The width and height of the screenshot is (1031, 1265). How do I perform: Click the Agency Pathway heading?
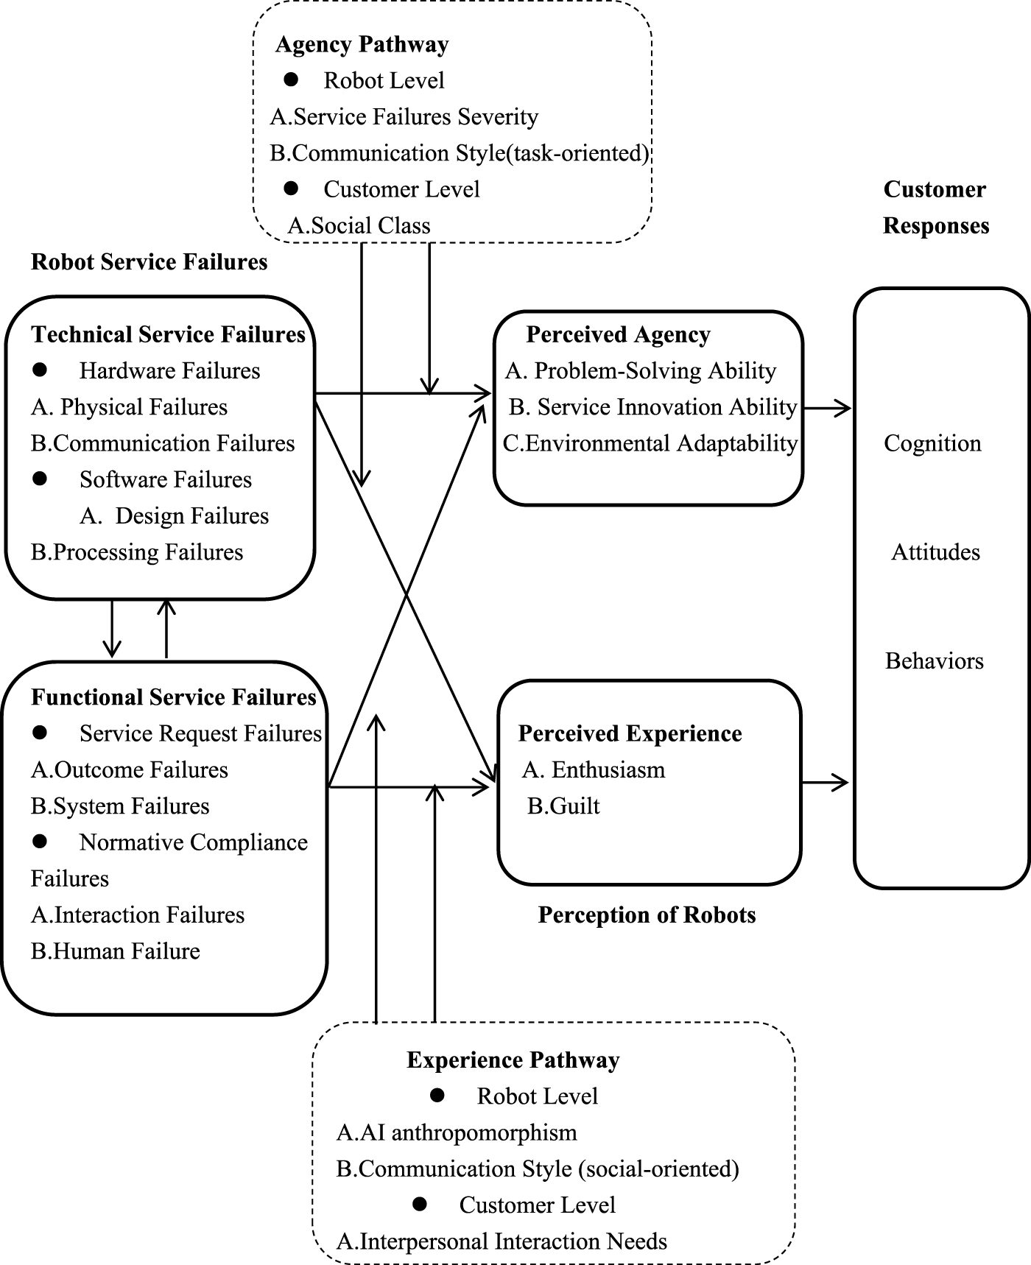pos(362,44)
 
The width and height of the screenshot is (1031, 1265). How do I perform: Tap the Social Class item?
pos(359,225)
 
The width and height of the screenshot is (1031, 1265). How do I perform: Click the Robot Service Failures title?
pos(149,262)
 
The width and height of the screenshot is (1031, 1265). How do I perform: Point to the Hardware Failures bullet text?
pos(169,370)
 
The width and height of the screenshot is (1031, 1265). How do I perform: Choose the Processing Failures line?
pos(137,552)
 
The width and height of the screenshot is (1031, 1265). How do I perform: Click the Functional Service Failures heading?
pos(173,697)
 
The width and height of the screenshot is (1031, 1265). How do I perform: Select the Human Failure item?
pos(116,951)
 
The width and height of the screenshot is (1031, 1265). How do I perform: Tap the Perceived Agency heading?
pos(618,334)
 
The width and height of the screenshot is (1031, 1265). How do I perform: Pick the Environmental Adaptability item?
pos(650,443)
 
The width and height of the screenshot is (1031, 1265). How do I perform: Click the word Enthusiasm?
pos(608,770)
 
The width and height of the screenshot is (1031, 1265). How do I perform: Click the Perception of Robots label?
pos(647,915)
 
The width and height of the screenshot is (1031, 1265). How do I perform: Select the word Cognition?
pos(932,443)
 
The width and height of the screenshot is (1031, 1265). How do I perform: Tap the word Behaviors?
pos(934,661)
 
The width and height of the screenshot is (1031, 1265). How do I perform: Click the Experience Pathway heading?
pos(513,1060)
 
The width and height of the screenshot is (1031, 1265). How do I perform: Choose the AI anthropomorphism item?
pos(457,1132)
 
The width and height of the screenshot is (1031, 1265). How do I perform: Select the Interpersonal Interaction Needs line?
pos(502,1241)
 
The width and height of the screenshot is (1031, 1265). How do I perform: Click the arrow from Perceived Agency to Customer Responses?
pos(826,407)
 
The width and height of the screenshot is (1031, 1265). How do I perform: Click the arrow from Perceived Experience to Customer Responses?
pos(825,783)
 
